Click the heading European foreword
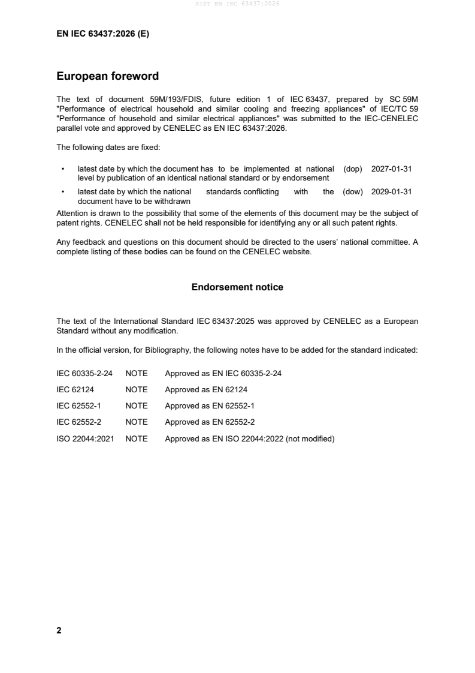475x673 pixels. point(107,76)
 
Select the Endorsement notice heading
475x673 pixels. point(237,287)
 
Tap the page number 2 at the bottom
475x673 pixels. point(59,630)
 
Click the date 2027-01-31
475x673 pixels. point(391,169)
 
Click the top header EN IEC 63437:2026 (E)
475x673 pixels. point(102,34)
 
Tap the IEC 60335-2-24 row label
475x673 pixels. point(84,373)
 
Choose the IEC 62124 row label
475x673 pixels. point(74,389)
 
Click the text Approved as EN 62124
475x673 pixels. point(203,389)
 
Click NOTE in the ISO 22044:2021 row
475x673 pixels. point(136,438)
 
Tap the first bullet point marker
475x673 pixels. point(63,170)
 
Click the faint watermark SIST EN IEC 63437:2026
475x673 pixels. point(237,4)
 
